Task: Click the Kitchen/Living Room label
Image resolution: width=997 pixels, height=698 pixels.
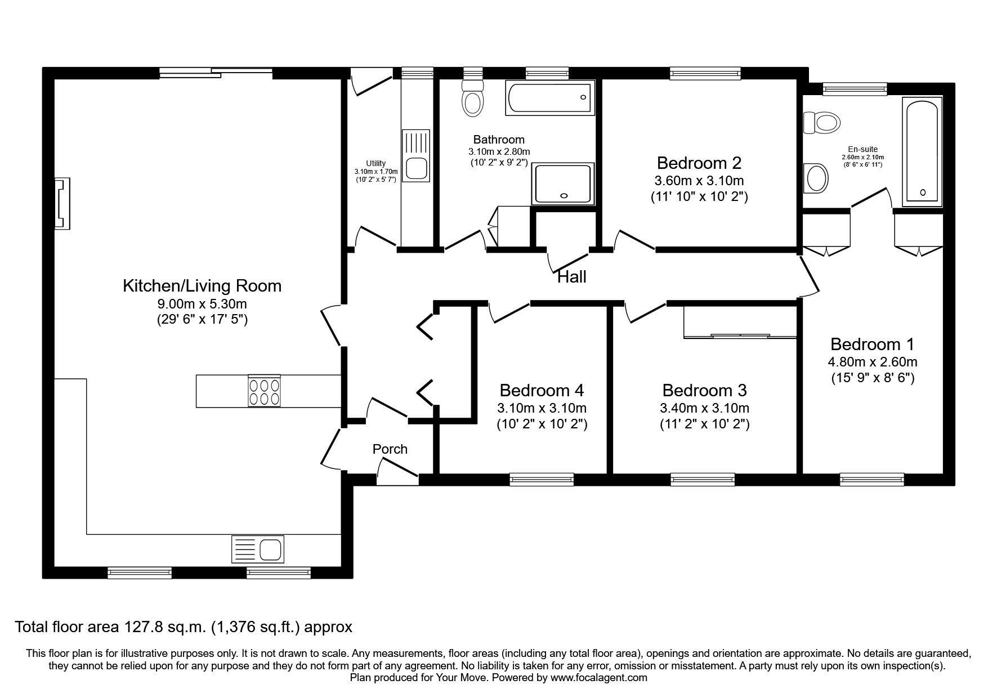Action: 202,285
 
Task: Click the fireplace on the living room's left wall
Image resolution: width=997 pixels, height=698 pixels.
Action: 62,204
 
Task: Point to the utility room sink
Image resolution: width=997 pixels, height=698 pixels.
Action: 416,168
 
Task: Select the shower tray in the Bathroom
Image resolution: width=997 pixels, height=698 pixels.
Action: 564,184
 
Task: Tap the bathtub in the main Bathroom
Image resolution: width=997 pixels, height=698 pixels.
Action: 550,98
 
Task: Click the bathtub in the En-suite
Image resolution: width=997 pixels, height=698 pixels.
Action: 922,151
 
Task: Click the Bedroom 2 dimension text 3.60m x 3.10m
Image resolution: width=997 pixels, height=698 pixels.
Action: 699,181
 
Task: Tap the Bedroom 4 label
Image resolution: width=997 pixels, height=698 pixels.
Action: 542,390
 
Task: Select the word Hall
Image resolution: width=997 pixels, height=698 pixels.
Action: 572,277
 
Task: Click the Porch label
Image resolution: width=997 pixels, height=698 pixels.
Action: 390,449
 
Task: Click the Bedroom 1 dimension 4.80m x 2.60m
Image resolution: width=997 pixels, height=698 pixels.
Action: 873,362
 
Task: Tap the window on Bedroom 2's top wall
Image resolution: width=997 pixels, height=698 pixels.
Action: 704,72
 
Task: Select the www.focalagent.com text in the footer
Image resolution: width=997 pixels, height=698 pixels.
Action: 599,678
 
